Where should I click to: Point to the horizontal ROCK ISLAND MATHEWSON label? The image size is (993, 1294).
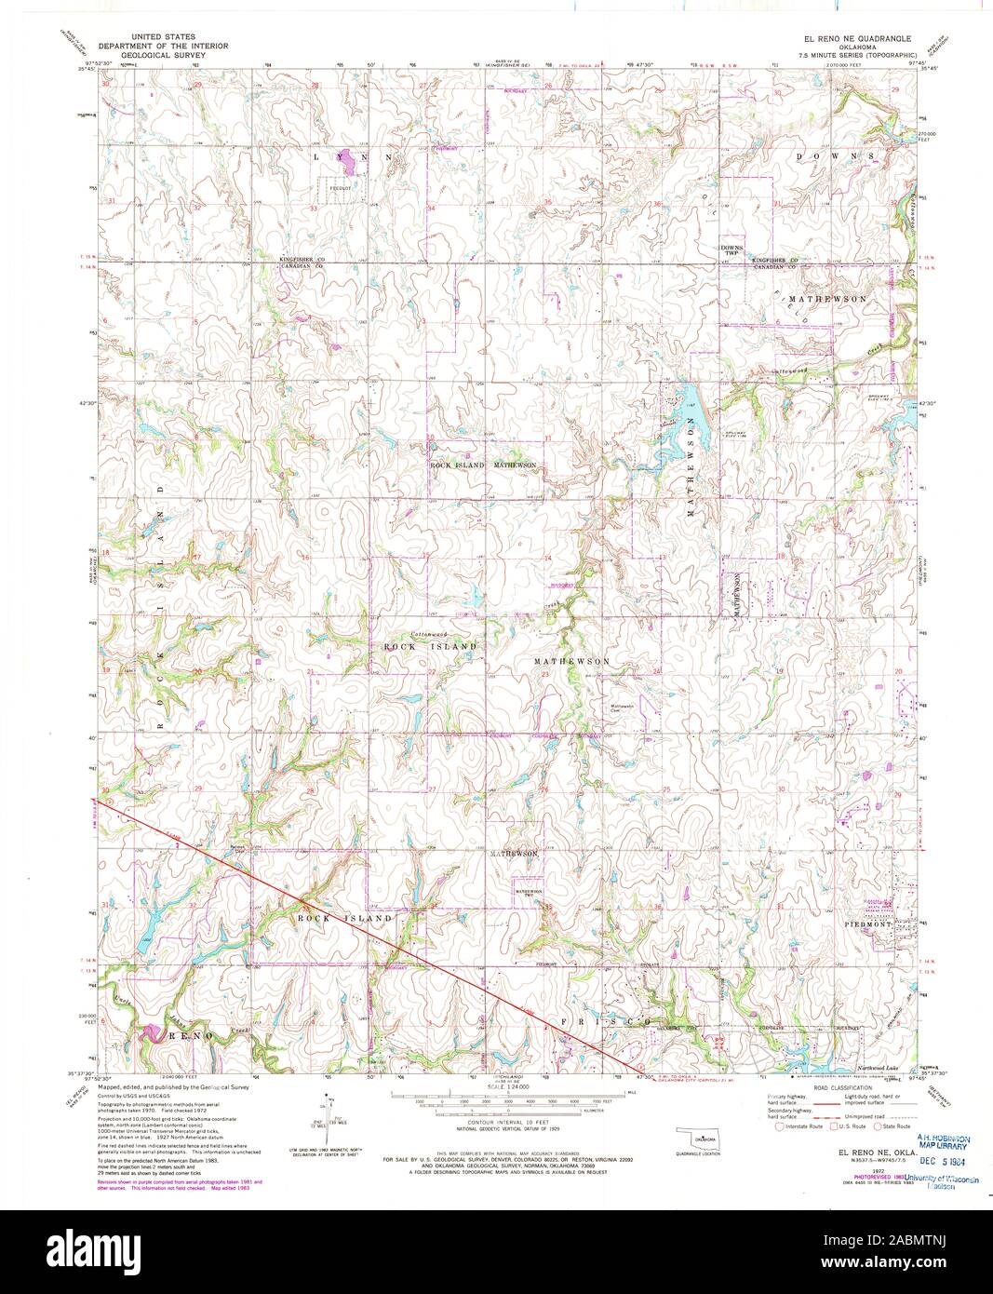click(x=482, y=465)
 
